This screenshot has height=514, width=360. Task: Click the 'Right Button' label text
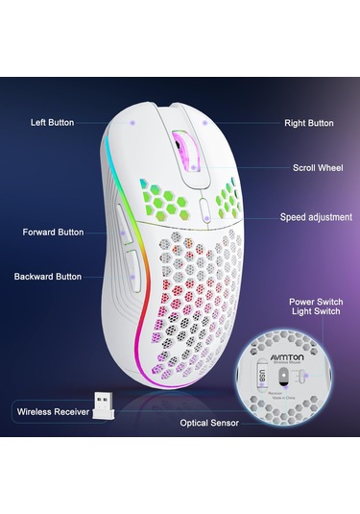pos(309,123)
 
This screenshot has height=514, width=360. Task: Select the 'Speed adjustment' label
pos(316,217)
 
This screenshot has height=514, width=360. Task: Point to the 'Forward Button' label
pos(53,232)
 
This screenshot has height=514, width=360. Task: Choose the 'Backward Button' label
pos(48,276)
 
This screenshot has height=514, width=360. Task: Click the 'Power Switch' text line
pos(315,301)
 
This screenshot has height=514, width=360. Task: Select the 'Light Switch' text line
pos(315,313)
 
